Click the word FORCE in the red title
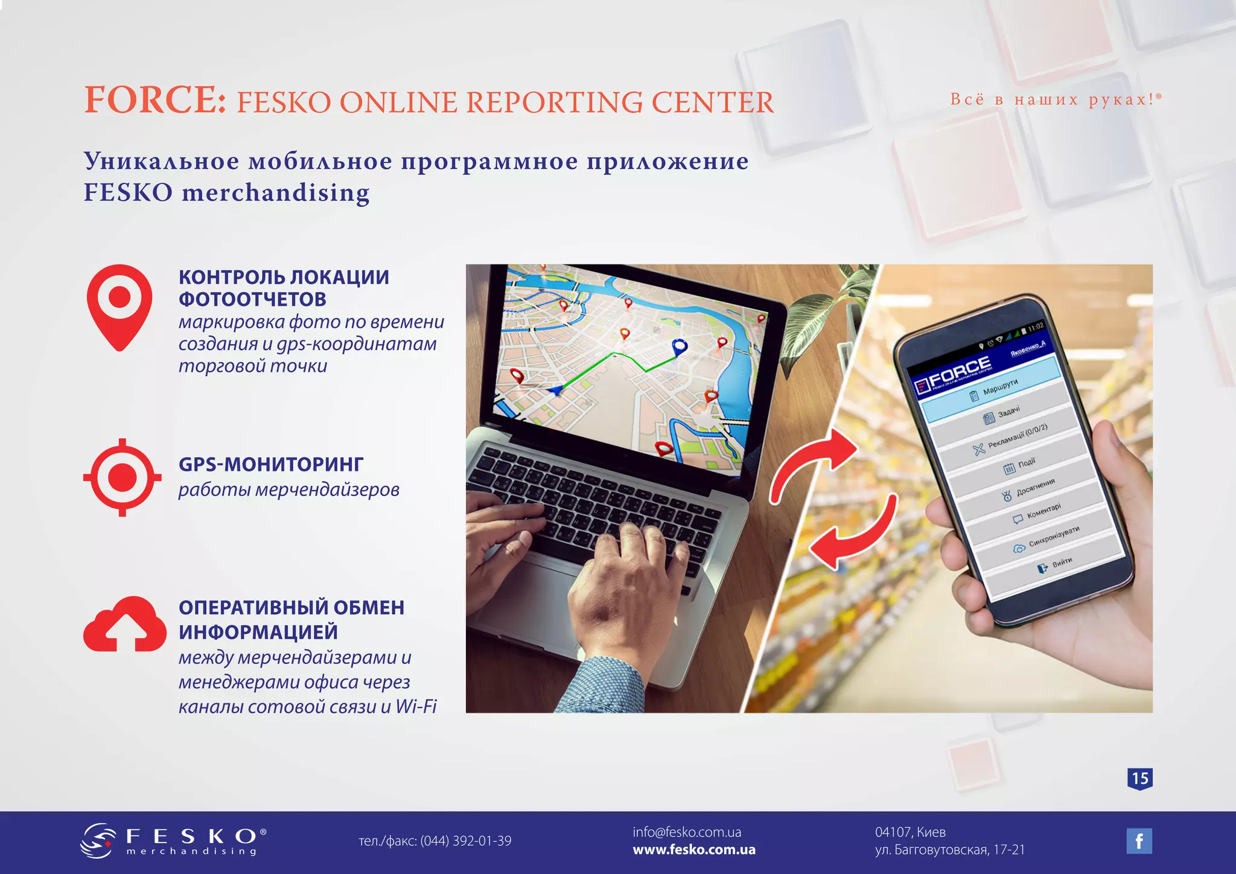tap(154, 100)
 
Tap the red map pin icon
tap(119, 305)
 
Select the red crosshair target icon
tap(123, 477)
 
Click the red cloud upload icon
tap(124, 626)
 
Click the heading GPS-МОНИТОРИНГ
tap(271, 464)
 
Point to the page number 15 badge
tap(1139, 778)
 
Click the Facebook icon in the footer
tap(1139, 841)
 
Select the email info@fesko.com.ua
tap(687, 832)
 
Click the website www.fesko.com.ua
tap(694, 850)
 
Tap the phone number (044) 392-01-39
tap(465, 841)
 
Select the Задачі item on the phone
tap(1008, 413)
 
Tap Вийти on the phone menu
tap(1061, 563)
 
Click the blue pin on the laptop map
tap(680, 346)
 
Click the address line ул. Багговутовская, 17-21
tap(950, 850)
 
